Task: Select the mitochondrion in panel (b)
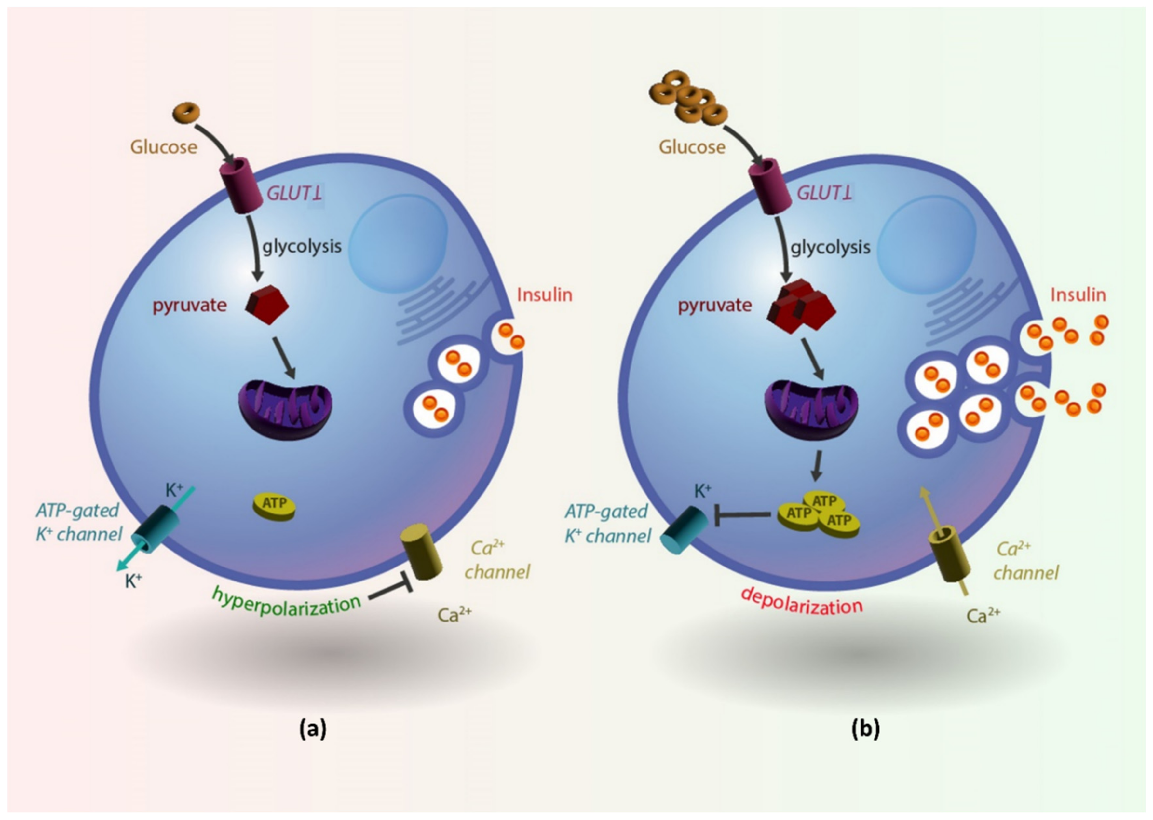pos(812,408)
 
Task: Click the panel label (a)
pos(312,729)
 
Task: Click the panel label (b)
pos(865,729)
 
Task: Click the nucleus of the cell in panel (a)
pos(398,242)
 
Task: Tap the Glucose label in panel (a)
pos(164,147)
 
